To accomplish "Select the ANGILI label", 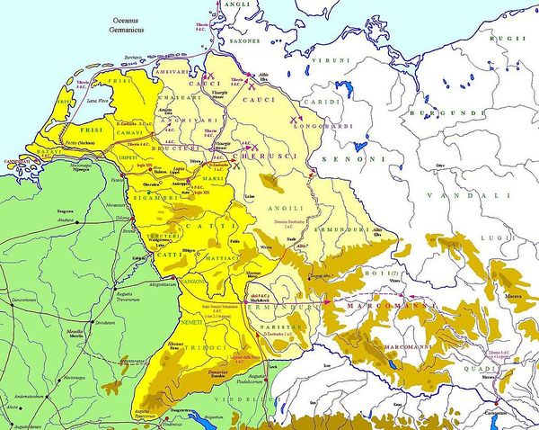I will pos(282,208).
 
